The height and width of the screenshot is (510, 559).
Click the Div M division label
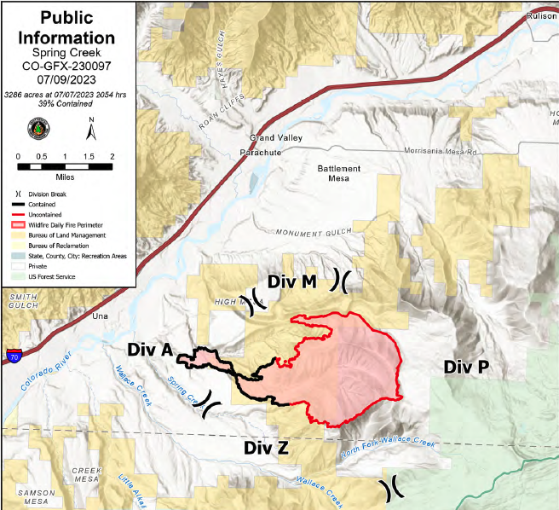292,282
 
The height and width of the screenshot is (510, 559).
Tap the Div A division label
150,350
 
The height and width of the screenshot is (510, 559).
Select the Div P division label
466,367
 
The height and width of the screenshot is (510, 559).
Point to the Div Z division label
268,448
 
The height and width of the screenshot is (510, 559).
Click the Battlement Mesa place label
339,173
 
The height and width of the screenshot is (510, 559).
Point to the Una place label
101,315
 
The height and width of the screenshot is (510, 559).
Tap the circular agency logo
39,130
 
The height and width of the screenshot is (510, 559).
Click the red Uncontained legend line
17,213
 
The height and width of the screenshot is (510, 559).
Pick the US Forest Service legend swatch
17,277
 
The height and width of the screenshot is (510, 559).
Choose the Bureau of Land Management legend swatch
17,234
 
